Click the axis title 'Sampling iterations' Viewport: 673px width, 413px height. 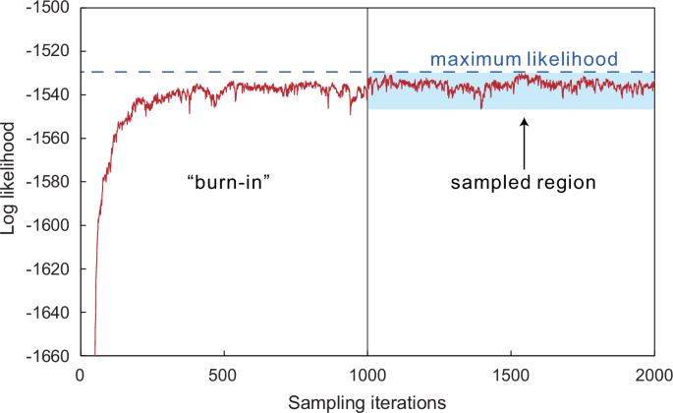pos(367,401)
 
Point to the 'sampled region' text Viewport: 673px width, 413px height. pos(524,183)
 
